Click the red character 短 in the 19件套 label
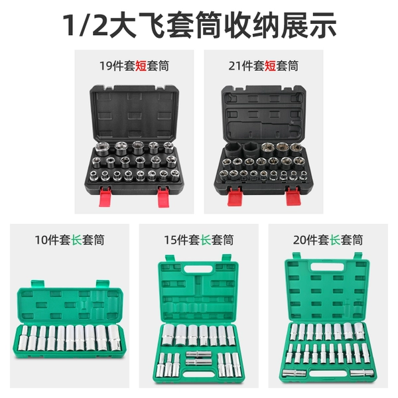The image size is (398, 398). (x=141, y=66)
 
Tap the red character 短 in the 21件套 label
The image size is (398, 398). (x=271, y=66)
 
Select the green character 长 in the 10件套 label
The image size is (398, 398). (x=76, y=240)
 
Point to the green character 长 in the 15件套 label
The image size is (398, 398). (x=206, y=240)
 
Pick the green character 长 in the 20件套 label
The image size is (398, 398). (x=335, y=240)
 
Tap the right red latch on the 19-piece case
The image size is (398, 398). (x=163, y=196)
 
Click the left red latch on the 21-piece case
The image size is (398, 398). (x=234, y=196)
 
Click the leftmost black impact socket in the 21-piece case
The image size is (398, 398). (x=233, y=151)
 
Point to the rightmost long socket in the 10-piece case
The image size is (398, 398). (x=114, y=338)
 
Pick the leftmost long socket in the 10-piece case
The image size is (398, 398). (x=23, y=338)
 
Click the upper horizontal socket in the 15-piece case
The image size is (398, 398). (x=198, y=354)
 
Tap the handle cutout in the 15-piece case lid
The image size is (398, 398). (x=198, y=269)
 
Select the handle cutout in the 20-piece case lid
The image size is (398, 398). (x=328, y=267)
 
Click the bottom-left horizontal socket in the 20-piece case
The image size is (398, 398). (x=294, y=373)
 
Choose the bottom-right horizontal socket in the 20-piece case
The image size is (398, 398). (x=362, y=373)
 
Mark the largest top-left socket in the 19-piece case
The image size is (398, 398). (x=101, y=149)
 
